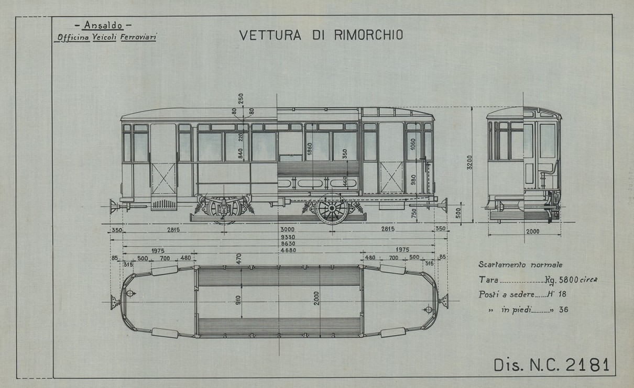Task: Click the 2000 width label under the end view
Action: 532,231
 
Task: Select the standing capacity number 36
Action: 563,309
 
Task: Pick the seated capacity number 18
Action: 563,295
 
